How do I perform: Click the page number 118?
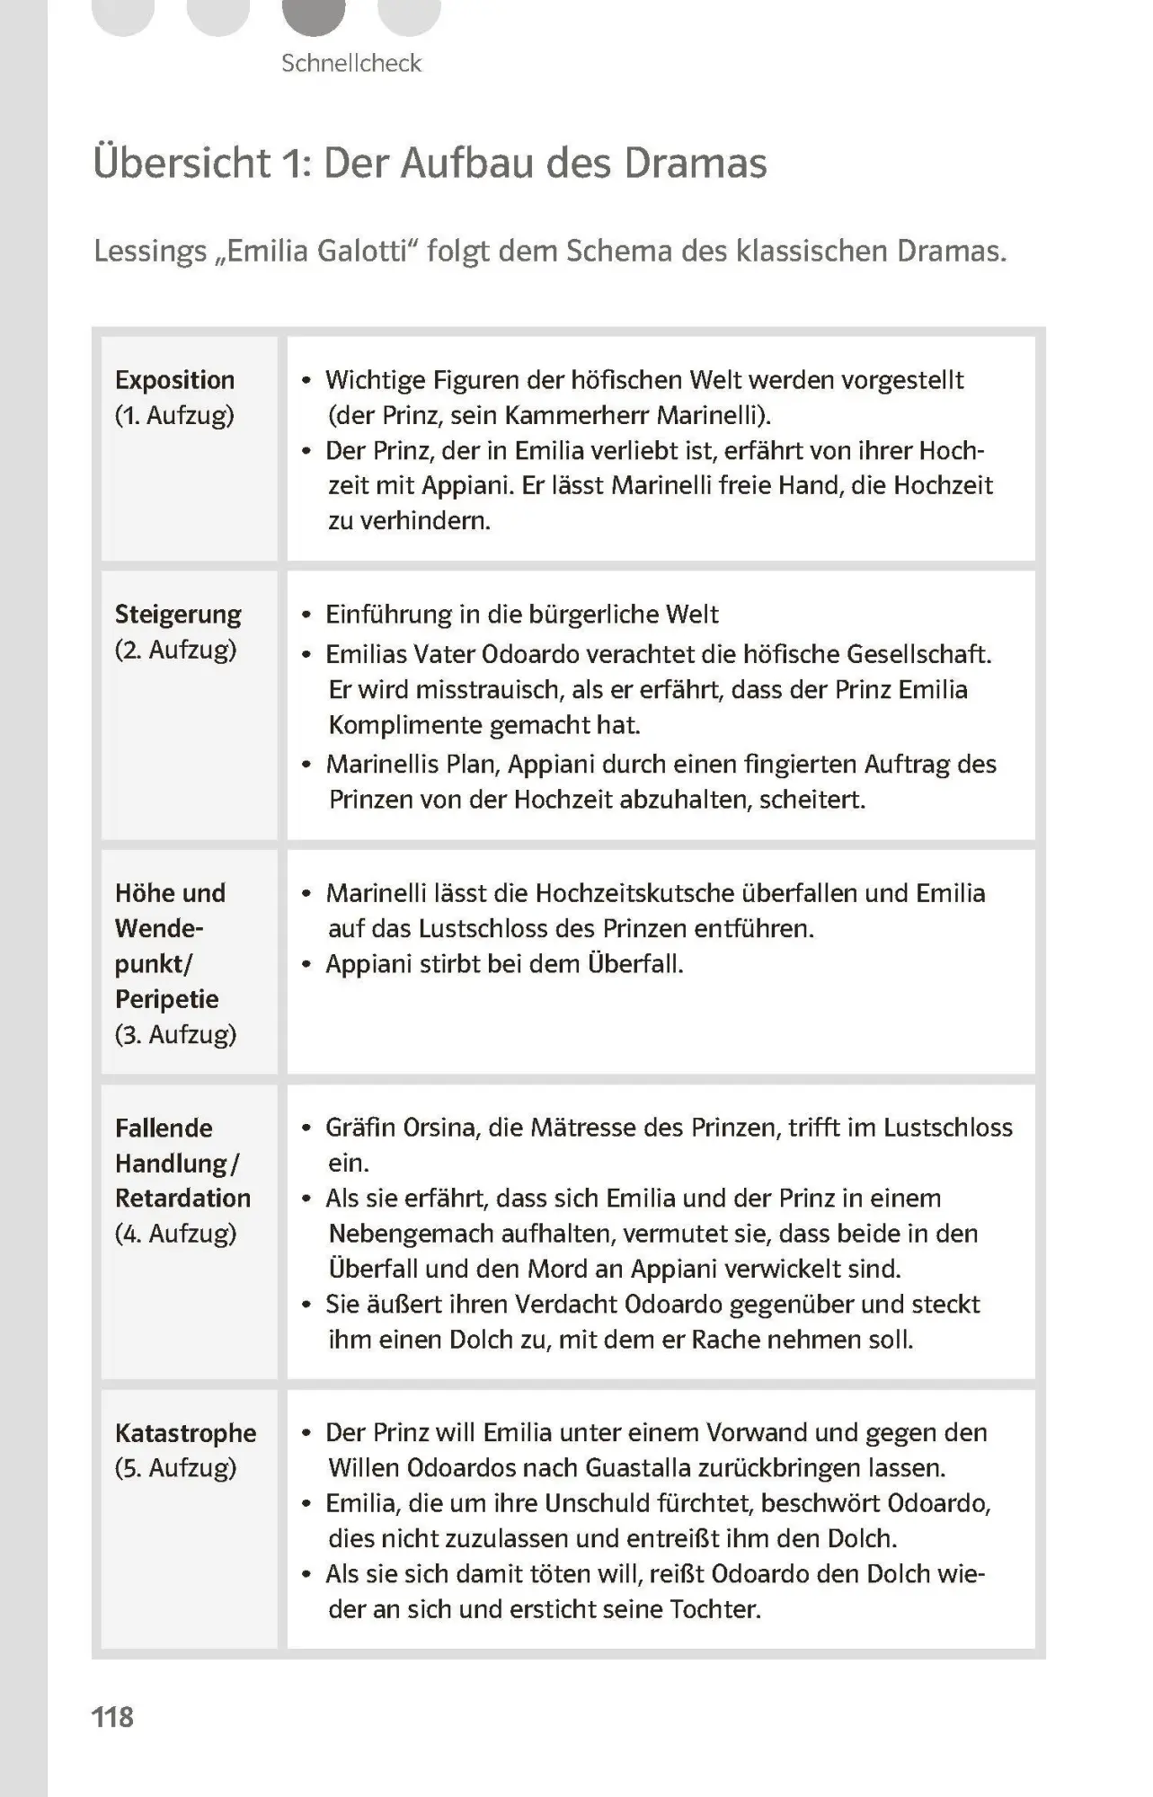point(112,1717)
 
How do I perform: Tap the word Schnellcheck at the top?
point(350,63)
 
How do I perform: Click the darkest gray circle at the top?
point(314,13)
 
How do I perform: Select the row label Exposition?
point(174,380)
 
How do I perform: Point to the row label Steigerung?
point(178,615)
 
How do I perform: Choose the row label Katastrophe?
point(185,1433)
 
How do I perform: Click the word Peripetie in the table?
point(167,999)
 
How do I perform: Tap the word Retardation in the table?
point(182,1198)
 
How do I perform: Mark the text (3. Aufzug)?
point(175,1034)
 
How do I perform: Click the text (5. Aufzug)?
point(175,1468)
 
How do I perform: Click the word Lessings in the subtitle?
point(150,251)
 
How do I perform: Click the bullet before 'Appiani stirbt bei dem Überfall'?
point(306,965)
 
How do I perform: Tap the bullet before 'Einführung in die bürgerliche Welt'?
point(306,615)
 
